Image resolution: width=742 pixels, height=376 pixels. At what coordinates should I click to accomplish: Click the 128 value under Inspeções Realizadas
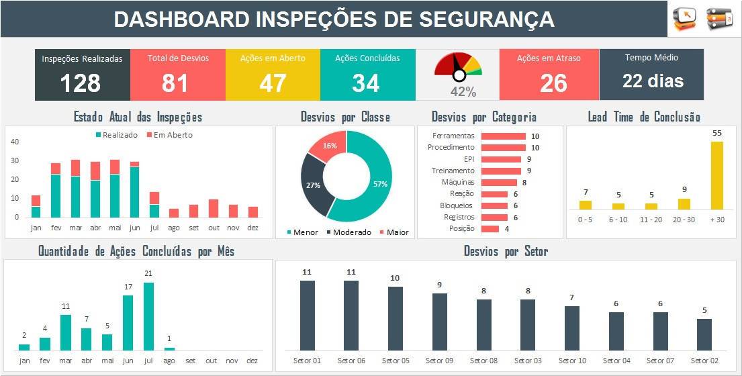(x=81, y=83)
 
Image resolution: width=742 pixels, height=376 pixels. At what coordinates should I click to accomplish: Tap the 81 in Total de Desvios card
(x=175, y=83)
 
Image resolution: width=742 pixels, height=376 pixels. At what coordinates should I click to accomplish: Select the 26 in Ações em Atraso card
(x=553, y=83)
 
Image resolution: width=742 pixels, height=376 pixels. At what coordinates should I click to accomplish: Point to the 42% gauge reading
(x=463, y=92)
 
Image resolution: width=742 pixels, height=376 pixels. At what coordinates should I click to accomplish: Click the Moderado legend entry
(x=349, y=232)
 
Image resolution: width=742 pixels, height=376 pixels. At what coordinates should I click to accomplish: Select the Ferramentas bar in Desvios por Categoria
(x=503, y=136)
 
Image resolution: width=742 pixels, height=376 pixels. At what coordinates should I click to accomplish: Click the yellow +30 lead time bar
(x=717, y=176)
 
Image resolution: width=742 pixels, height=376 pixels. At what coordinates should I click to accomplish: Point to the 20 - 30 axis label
(x=684, y=219)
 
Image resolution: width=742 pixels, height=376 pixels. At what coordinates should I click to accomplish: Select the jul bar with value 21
(x=148, y=316)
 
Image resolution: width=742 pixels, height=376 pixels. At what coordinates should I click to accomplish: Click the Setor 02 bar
(x=704, y=334)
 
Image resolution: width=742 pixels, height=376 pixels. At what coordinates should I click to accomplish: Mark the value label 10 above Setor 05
(x=395, y=278)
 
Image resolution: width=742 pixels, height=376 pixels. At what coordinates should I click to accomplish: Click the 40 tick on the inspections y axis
(x=15, y=142)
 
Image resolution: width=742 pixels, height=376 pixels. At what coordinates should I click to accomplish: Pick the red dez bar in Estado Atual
(x=253, y=212)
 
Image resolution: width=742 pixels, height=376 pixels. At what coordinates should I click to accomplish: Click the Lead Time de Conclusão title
(x=644, y=117)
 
